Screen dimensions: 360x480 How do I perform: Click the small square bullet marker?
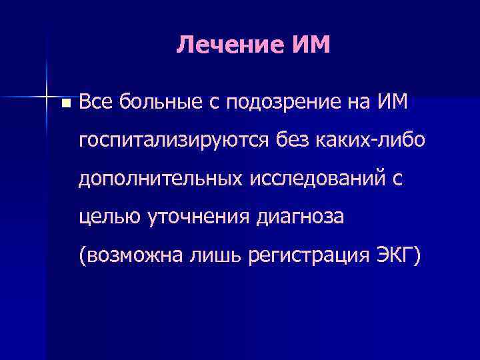(x=64, y=104)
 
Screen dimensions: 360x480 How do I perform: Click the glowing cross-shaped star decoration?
(x=47, y=97)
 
